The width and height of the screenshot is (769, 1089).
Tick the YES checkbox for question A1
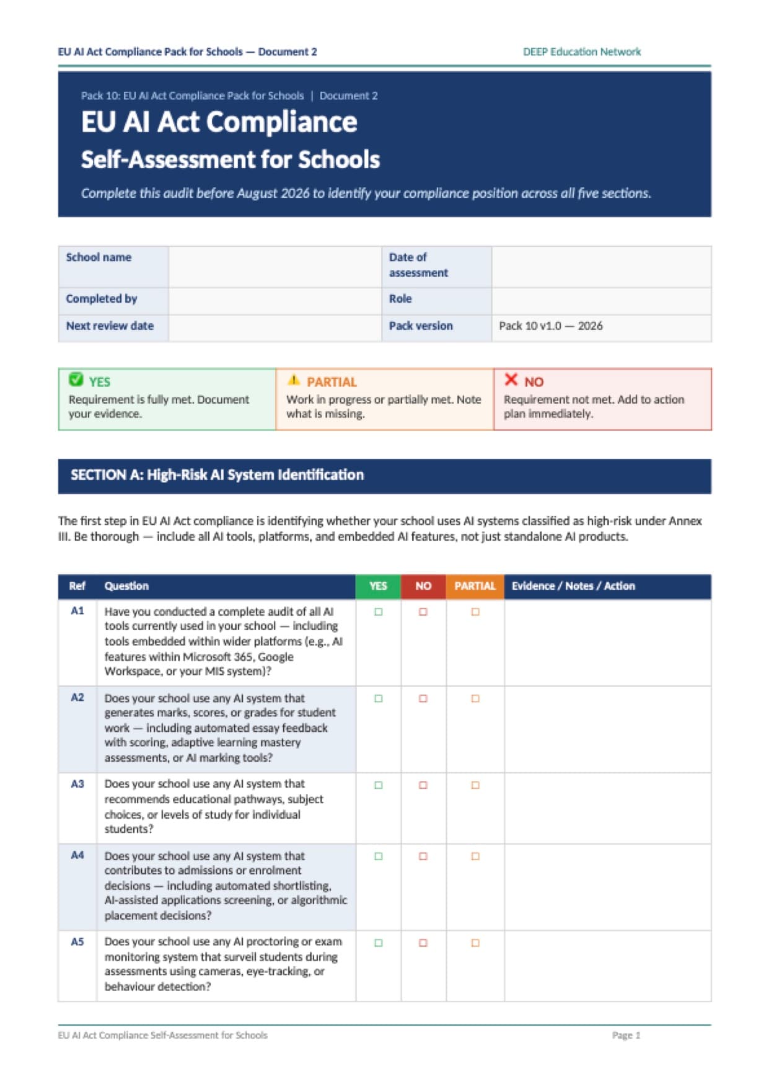(x=378, y=611)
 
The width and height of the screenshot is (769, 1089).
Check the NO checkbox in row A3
(x=423, y=785)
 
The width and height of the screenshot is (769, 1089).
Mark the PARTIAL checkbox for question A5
(x=475, y=943)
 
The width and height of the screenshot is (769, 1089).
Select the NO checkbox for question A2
(x=423, y=698)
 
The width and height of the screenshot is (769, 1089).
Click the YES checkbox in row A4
(x=378, y=856)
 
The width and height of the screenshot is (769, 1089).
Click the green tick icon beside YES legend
(x=76, y=380)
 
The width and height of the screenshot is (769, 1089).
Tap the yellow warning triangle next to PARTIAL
(x=294, y=380)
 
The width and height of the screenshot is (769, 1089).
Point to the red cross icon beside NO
(x=511, y=380)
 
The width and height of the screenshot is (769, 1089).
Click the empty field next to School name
(x=275, y=266)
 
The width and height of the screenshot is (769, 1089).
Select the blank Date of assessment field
(x=600, y=266)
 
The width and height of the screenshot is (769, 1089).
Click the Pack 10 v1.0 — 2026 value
(x=550, y=326)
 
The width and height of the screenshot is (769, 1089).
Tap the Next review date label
(x=110, y=326)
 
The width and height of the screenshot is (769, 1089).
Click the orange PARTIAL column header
(x=475, y=586)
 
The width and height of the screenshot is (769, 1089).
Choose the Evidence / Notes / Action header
(x=573, y=586)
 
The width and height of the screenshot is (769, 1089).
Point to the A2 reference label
(x=77, y=698)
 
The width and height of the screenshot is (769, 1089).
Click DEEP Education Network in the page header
(x=581, y=52)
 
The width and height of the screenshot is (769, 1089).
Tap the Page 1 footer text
(x=626, y=1035)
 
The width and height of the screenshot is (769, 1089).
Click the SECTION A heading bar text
(x=217, y=475)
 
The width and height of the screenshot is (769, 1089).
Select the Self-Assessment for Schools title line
(x=230, y=159)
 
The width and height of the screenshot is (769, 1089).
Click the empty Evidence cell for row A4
(x=607, y=887)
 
